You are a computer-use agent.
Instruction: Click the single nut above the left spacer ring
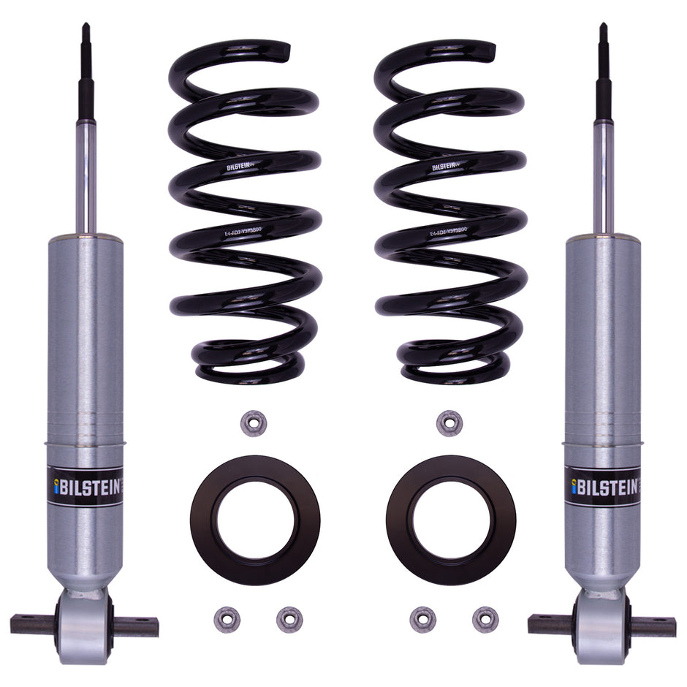253,423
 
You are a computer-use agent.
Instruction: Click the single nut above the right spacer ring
449,423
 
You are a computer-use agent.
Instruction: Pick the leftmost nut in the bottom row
227,620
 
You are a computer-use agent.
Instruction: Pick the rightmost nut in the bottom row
485,620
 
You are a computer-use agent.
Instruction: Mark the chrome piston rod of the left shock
86,175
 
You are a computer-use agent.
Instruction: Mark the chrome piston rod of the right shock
604,175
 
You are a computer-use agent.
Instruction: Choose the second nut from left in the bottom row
289,620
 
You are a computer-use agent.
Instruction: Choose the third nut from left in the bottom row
422,620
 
